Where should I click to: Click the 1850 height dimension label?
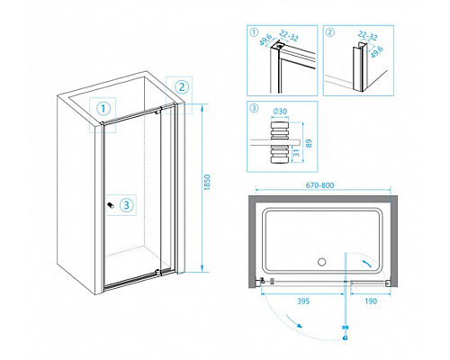tap(207, 182)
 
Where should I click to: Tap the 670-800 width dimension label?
tap(319, 185)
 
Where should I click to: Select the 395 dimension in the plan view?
tap(303, 301)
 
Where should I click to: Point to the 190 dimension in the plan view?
tap(371, 301)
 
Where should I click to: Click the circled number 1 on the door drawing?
tap(103, 108)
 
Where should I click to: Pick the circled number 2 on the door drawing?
tap(182, 87)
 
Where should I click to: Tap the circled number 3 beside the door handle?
tap(126, 205)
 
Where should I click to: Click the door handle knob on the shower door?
tap(111, 205)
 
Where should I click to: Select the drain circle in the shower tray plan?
tap(321, 262)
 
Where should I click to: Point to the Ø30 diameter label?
tap(280, 112)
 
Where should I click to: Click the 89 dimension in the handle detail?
tap(310, 143)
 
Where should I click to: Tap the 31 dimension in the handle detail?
tap(296, 153)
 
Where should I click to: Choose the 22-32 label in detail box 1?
tap(289, 37)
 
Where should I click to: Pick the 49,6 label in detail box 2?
tap(376, 51)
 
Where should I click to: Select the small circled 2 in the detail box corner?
tap(330, 31)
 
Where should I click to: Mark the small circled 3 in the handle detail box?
tap(254, 108)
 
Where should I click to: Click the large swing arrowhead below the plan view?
tap(299, 326)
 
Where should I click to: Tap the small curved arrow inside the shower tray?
tap(367, 264)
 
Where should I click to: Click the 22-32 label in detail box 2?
tap(367, 36)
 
